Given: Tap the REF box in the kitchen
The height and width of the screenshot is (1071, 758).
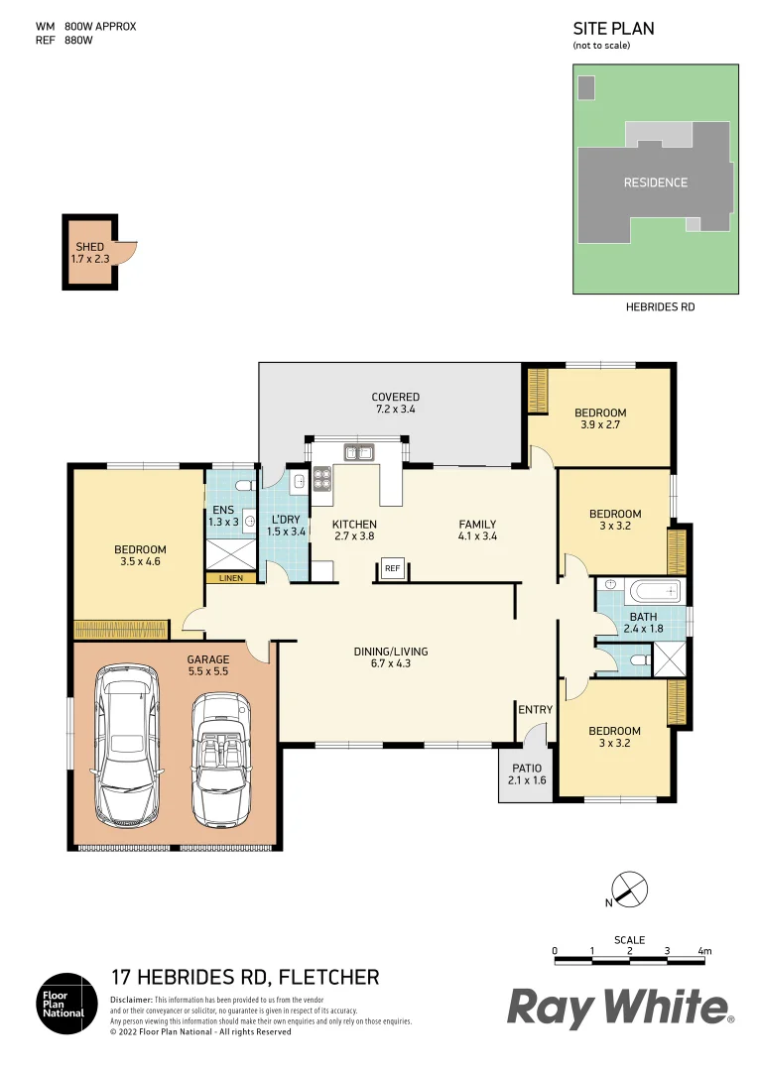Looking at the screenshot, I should pos(392,568).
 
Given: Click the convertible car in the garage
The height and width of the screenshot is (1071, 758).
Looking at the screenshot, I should pos(219,758).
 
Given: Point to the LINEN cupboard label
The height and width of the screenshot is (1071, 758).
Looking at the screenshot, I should pos(230,577).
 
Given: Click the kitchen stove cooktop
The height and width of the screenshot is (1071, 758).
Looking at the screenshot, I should pos(321,479).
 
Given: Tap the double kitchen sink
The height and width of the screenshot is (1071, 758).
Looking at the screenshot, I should pos(357,453).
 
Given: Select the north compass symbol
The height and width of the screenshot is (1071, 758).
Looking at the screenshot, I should pos(628,890).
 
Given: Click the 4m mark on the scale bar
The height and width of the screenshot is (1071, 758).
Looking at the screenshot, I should pos(704,951).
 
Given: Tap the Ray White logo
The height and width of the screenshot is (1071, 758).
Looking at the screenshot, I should pos(620,1009).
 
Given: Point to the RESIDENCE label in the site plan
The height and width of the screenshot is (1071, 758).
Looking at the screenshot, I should pos(655,182).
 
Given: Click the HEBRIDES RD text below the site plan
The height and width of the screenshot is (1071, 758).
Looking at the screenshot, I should pos(660,307).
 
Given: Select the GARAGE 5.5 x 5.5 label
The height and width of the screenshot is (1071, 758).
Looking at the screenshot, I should pos(208,665).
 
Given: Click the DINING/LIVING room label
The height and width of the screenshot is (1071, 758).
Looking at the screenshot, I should pos(391,657).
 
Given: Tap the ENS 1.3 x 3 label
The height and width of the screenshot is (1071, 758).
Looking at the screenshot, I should pos(223,515).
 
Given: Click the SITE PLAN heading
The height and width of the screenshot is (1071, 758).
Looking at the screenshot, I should pos(613,29).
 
